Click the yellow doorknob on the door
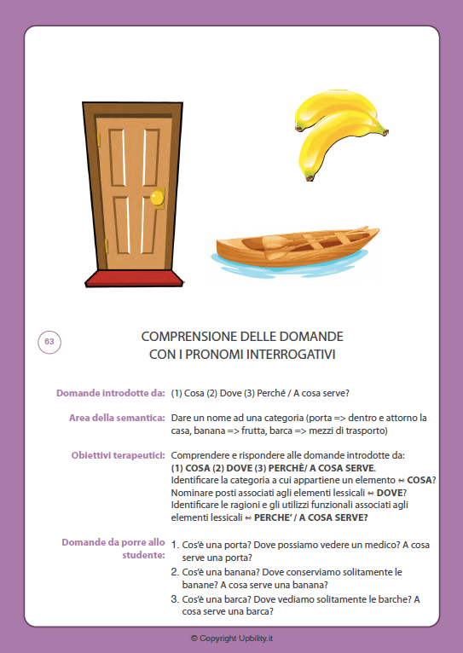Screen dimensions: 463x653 (156, 199)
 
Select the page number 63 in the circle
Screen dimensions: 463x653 (49, 342)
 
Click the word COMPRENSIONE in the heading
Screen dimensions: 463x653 (188, 336)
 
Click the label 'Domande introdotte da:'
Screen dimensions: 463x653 (110, 393)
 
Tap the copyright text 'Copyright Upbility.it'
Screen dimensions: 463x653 (231, 638)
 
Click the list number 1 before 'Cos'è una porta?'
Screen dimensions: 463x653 (175, 544)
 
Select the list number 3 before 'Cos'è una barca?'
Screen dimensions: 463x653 (175, 600)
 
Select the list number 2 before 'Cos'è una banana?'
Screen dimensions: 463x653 (175, 572)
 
